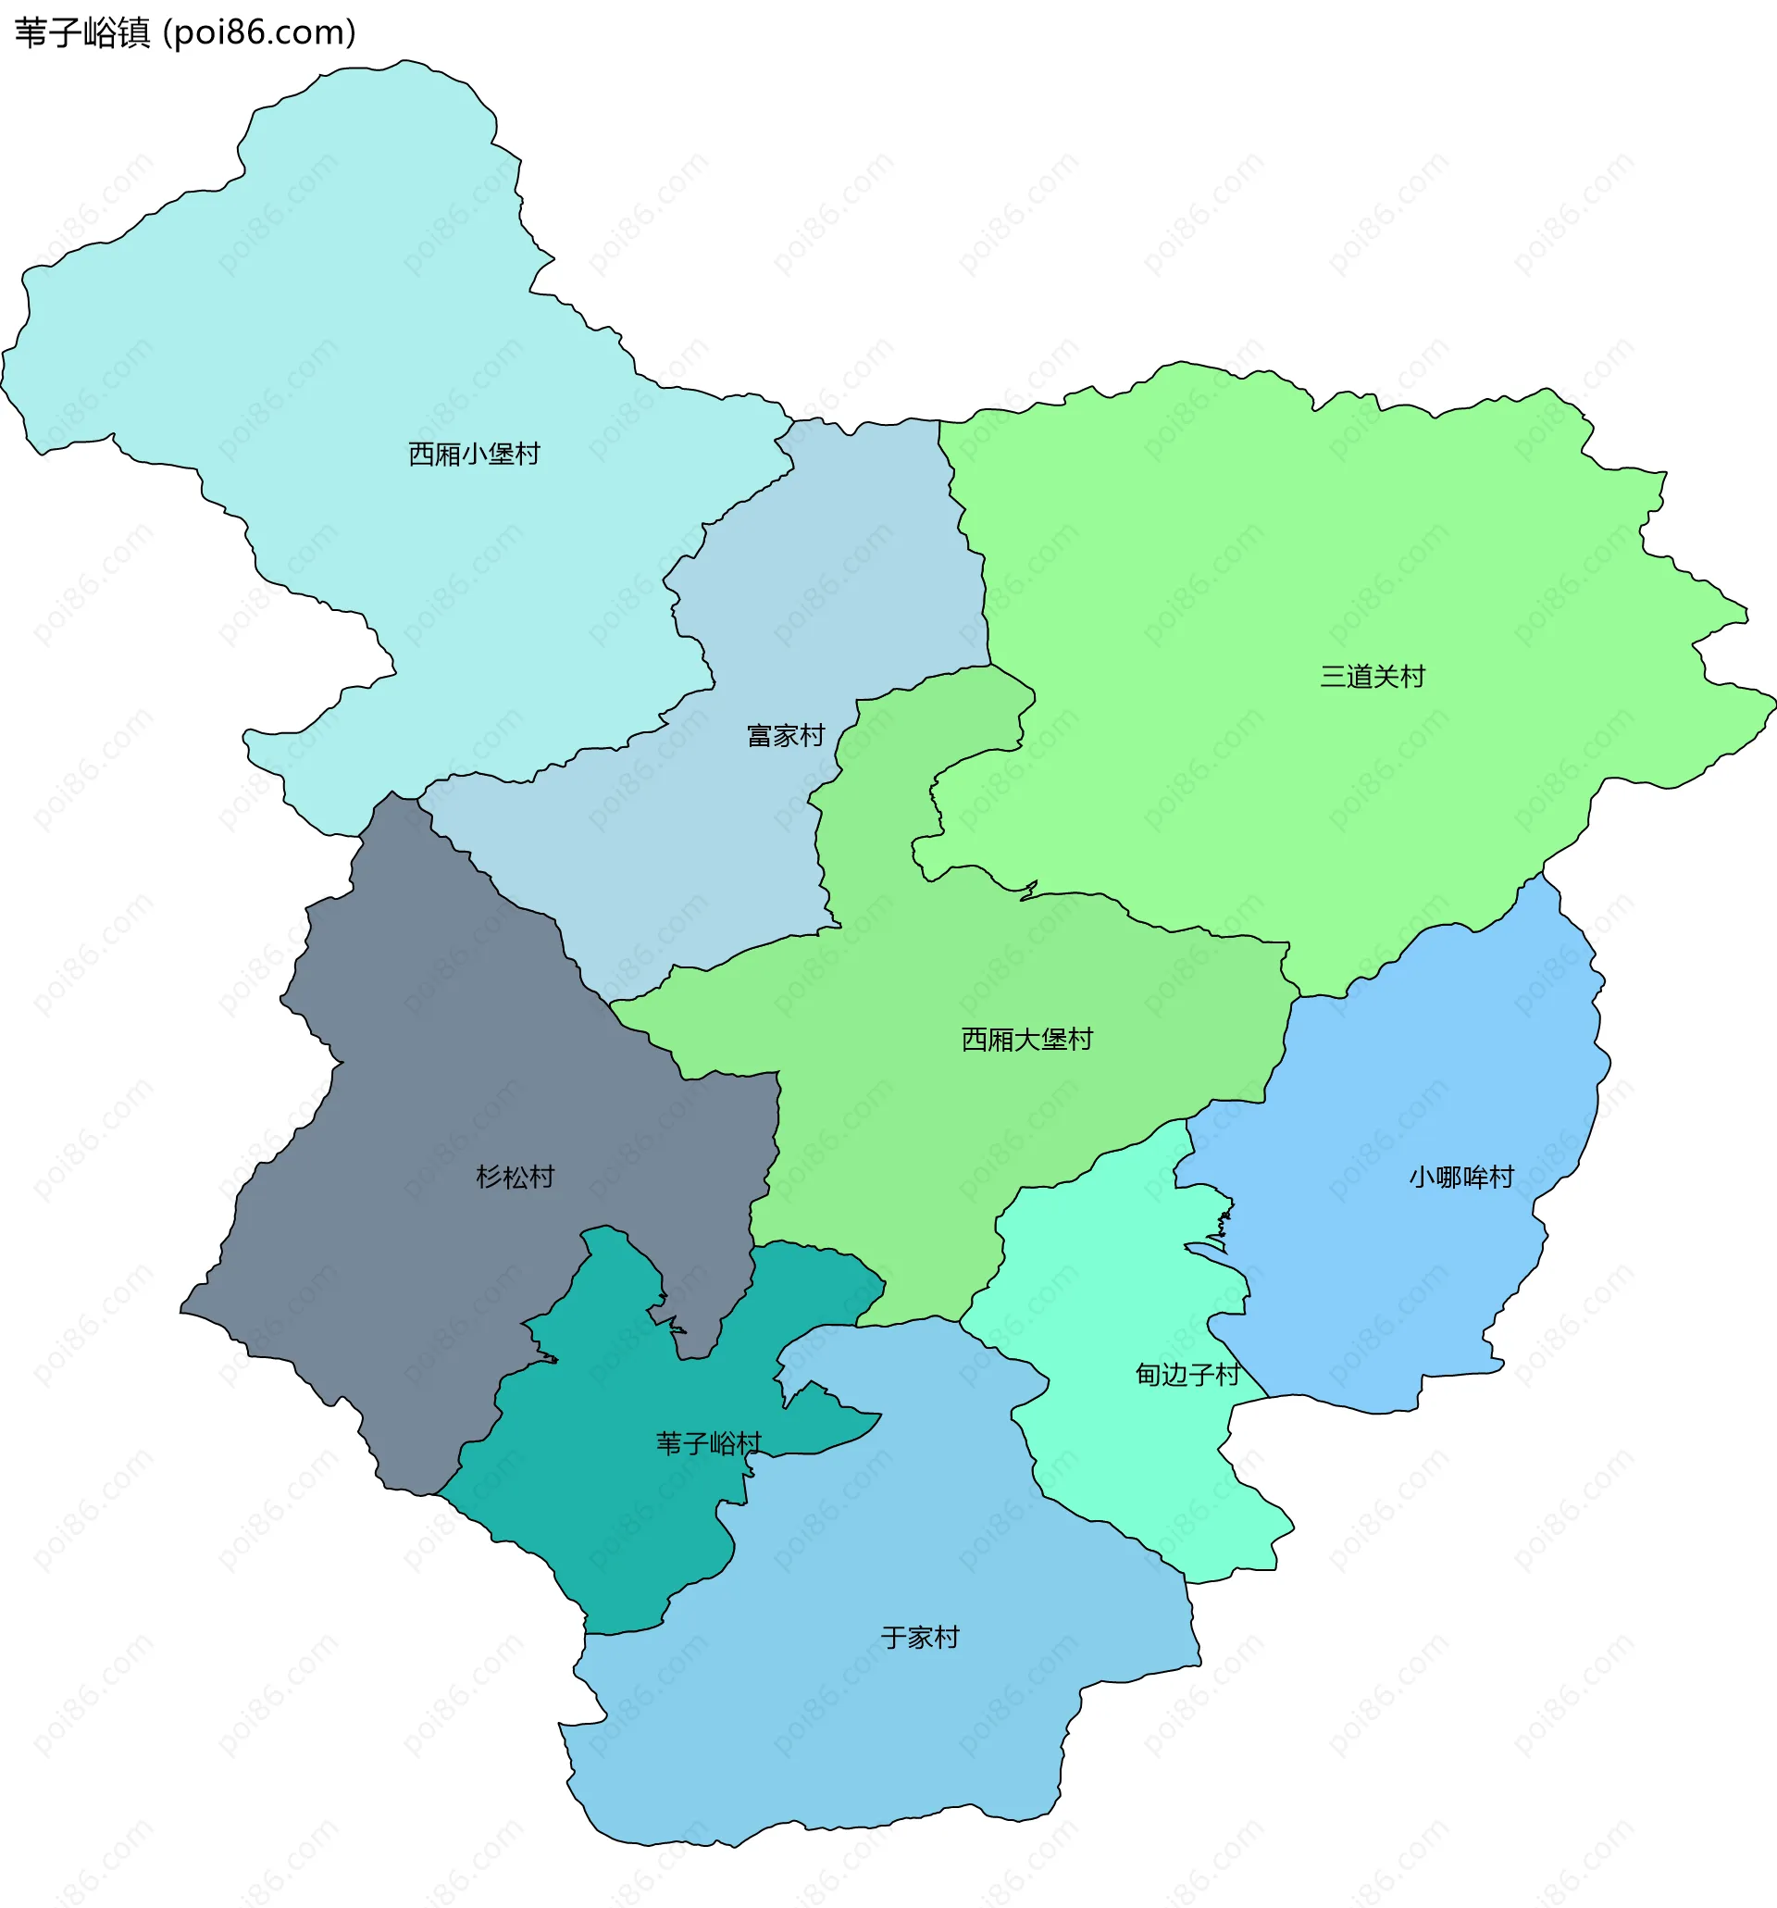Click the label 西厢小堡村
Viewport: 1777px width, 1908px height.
coord(474,454)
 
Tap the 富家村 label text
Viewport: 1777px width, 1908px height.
coord(786,736)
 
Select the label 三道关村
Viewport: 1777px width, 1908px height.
coord(1373,677)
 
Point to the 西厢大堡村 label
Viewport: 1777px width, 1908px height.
coord(1026,1040)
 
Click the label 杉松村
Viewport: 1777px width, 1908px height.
coord(516,1177)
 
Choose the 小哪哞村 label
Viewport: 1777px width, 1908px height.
coord(1460,1177)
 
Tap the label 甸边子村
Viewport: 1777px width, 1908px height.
coord(1187,1375)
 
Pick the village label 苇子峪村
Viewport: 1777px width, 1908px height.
coord(708,1443)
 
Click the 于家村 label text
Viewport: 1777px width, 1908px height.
coord(920,1637)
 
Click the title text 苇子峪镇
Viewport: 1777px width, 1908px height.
coord(82,33)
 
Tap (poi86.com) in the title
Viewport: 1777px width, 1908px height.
coord(259,33)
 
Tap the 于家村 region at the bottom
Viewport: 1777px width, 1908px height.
coord(864,1727)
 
